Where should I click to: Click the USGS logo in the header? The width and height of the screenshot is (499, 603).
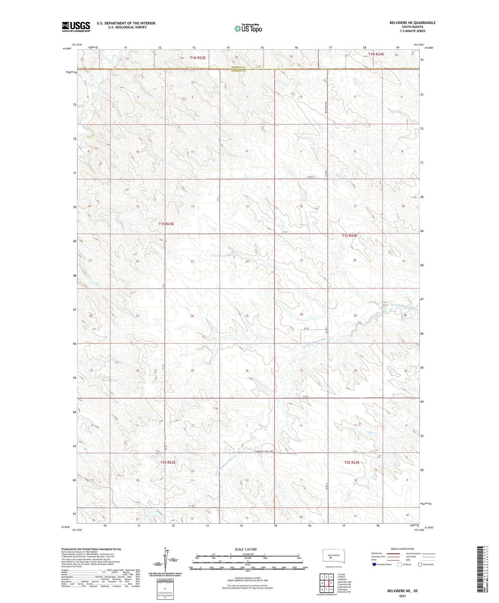(76, 27)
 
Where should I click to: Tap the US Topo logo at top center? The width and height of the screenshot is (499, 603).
(248, 28)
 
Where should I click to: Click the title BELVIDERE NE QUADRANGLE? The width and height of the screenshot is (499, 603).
(412, 23)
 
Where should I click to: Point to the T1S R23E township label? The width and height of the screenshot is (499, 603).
(166, 224)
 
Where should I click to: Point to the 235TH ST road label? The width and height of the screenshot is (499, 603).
(311, 177)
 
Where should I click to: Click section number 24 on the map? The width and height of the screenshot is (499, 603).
(247, 261)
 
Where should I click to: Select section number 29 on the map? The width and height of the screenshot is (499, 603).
(355, 316)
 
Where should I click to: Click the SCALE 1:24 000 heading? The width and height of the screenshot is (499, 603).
(246, 549)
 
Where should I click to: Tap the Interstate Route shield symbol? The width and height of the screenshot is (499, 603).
(374, 564)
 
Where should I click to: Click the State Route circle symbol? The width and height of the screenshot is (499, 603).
(420, 564)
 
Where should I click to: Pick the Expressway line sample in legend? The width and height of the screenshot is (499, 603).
(393, 554)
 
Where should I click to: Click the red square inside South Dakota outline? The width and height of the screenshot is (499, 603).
(330, 557)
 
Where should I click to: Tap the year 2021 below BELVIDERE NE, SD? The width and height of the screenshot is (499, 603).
(402, 596)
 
